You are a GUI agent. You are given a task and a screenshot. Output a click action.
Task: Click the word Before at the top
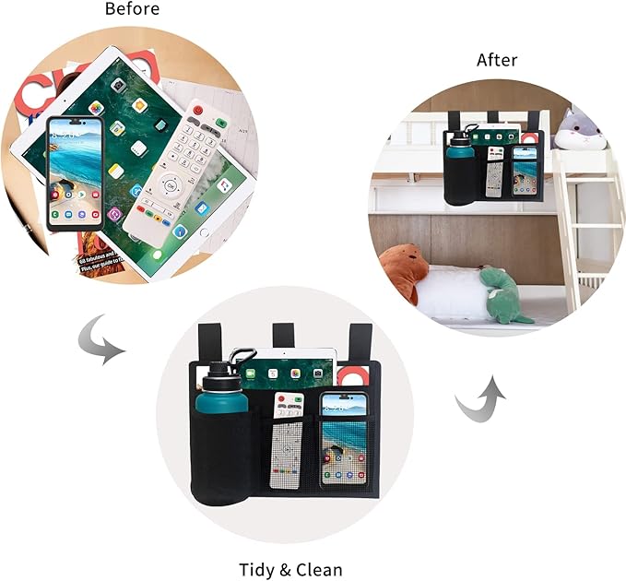point(132,9)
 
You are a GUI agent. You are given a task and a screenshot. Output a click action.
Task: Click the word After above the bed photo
point(497,61)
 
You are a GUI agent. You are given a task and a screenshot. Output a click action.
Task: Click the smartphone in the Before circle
point(76,172)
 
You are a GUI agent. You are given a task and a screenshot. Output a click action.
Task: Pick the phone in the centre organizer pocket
point(343,441)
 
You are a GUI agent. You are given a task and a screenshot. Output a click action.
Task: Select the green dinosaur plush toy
point(503,296)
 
